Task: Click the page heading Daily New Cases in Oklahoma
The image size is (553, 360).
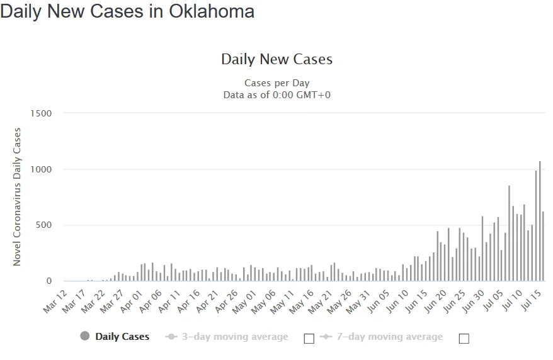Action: coord(127,11)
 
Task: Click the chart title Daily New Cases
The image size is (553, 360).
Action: coord(276,60)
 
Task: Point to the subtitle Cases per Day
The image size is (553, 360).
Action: coord(276,83)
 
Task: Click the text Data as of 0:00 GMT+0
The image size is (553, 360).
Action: coord(276,94)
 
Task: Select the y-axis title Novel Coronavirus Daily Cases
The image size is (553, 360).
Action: coord(17,196)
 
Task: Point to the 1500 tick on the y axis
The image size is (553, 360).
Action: coord(40,113)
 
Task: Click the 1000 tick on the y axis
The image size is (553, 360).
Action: coord(40,169)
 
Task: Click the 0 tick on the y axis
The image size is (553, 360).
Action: coord(48,281)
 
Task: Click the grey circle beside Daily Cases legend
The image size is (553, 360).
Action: coord(85,336)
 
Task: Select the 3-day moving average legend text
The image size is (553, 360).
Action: coord(235,337)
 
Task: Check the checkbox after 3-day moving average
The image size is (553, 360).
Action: coord(309,339)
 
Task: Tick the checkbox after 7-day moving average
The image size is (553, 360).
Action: coord(464,339)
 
